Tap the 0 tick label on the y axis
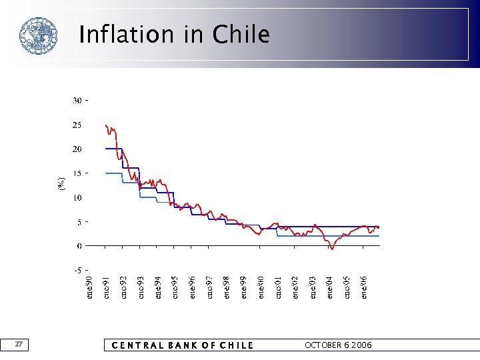pyautogui.click(x=79, y=246)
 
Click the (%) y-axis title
pyautogui.click(x=62, y=185)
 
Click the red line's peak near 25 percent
pyautogui.click(x=106, y=125)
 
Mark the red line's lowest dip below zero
pyautogui.click(x=331, y=249)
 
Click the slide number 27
pyautogui.click(x=19, y=344)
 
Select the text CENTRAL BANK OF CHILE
pyautogui.click(x=182, y=345)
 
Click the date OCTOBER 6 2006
pyautogui.click(x=338, y=345)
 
